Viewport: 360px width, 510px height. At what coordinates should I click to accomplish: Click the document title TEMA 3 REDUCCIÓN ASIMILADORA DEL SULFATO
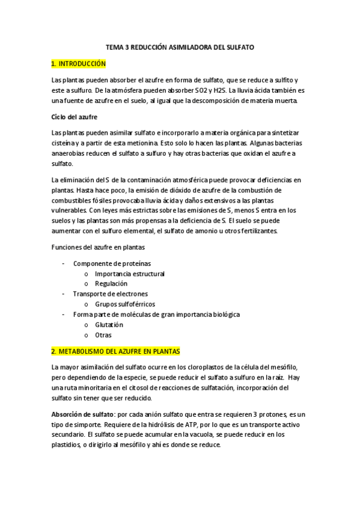pos(180,47)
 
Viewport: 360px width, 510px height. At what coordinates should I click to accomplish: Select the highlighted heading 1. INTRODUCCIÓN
pos(78,64)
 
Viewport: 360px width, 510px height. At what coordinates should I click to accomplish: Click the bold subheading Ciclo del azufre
pos(75,116)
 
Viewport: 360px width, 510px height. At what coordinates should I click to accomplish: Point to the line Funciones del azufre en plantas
pos(98,248)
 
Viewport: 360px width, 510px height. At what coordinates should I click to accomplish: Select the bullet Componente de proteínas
pos(112,263)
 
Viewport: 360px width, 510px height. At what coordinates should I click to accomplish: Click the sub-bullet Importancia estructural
pos(130,274)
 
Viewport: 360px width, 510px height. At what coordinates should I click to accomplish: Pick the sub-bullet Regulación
pos(111,283)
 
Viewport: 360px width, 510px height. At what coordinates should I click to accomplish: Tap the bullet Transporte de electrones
pos(110,293)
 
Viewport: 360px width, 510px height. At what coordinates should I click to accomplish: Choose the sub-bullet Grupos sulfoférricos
pos(125,304)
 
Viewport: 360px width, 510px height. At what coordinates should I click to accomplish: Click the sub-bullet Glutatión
pos(109,325)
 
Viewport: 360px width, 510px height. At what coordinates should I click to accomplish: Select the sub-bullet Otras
pos(103,335)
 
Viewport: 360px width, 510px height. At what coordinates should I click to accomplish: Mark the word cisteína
pos(64,143)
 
